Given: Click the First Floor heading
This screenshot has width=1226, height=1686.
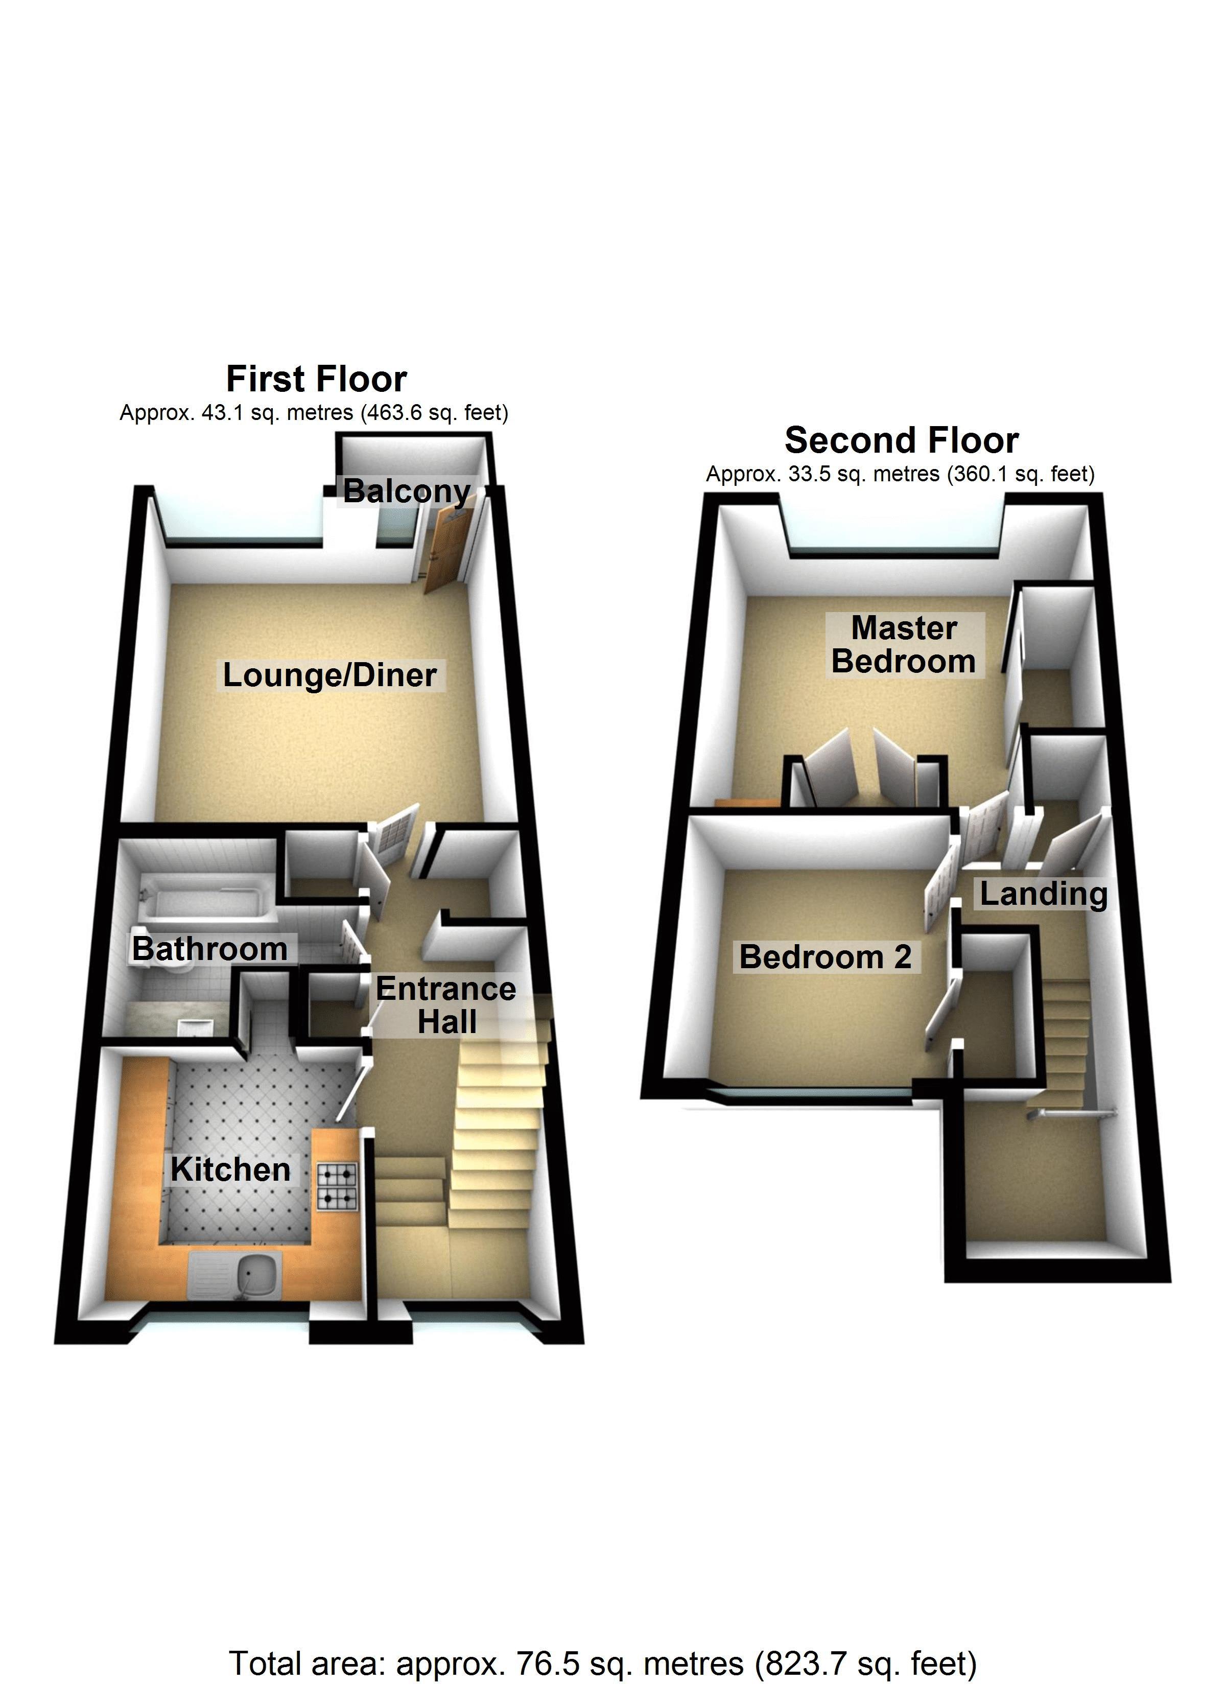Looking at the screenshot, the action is point(316,379).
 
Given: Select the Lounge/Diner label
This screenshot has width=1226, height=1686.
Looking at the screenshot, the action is point(329,675).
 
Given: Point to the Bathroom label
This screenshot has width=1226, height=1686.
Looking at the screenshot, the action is point(209,949).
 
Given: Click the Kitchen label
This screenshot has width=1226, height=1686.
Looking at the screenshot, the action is point(230,1169).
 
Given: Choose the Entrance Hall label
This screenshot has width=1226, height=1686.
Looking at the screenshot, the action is point(445,1005).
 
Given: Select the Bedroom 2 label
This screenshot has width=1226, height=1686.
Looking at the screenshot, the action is point(826,957).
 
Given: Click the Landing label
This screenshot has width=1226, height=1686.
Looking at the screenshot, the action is point(1043,894).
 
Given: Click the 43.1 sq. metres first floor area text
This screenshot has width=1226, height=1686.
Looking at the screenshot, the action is point(314,413).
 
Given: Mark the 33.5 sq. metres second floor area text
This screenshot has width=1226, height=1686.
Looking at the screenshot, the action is point(900,474).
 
